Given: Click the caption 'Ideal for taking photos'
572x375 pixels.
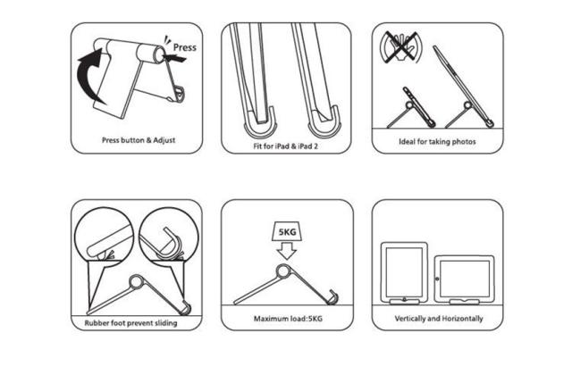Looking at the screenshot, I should click(436, 141).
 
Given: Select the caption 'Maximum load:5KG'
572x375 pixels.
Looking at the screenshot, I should click(283, 318).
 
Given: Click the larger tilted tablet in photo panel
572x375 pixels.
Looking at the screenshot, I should click(463, 85).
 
